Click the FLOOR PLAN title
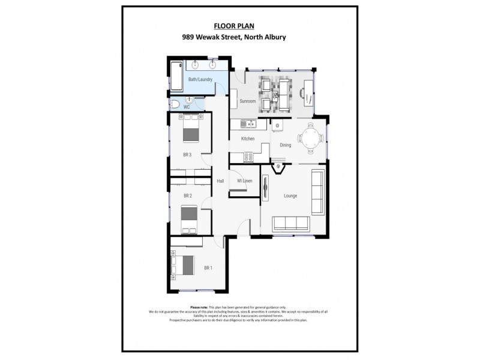[233, 26]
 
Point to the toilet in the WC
[175, 104]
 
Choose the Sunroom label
[248, 101]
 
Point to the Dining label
[285, 145]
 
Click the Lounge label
[290, 196]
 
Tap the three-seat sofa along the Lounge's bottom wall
[291, 224]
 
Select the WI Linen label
[244, 181]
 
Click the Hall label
[220, 181]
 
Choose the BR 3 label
[187, 155]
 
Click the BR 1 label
[208, 268]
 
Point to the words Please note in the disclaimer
[199, 307]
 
